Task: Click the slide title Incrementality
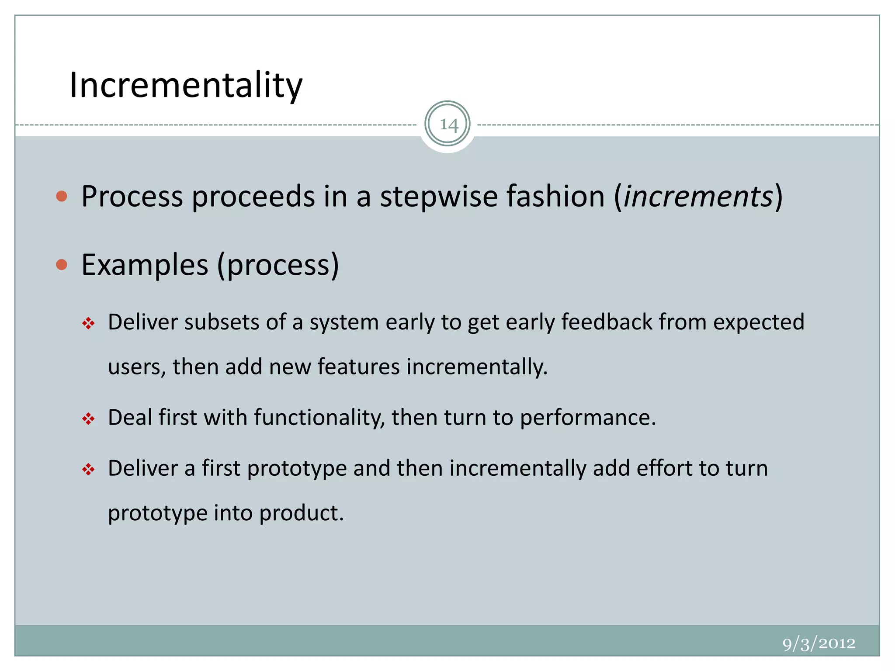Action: (x=186, y=85)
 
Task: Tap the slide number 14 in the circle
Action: (x=447, y=125)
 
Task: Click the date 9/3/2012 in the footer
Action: (x=819, y=643)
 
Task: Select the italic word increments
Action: (x=698, y=196)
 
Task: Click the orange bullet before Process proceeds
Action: (x=62, y=196)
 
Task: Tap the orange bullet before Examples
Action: (x=62, y=265)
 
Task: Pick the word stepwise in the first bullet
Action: (x=438, y=196)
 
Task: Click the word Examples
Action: (x=145, y=265)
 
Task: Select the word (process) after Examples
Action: (x=278, y=265)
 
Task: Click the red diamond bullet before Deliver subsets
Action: (x=88, y=324)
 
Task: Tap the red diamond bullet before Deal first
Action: (x=88, y=419)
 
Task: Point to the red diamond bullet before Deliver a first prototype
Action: (x=88, y=470)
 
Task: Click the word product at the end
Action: (x=302, y=512)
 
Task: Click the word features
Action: (x=358, y=366)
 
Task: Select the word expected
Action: (x=759, y=322)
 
